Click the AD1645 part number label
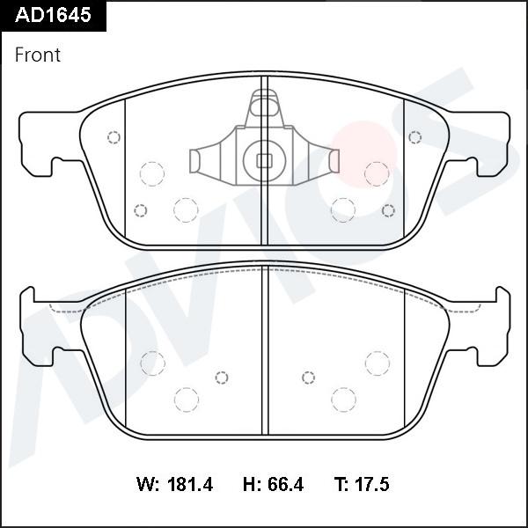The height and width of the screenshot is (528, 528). pos(52,15)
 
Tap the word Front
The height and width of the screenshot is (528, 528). pos(38,55)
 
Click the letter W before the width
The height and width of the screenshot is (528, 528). pos(147,484)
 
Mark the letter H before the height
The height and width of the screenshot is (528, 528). pos(248,484)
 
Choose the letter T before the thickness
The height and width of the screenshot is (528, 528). pos(340,484)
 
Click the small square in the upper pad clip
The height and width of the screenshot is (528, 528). pos(263,160)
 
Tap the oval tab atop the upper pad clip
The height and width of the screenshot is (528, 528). pos(263,109)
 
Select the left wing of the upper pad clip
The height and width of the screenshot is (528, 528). pos(201,160)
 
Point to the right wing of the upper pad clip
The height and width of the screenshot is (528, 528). pos(327,160)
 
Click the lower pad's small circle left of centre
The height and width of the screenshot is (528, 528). pos(222,378)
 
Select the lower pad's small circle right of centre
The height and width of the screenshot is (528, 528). pos(308,378)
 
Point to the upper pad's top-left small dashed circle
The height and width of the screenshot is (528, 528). pos(113,137)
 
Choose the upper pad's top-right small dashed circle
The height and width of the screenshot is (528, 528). pos(414,137)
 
